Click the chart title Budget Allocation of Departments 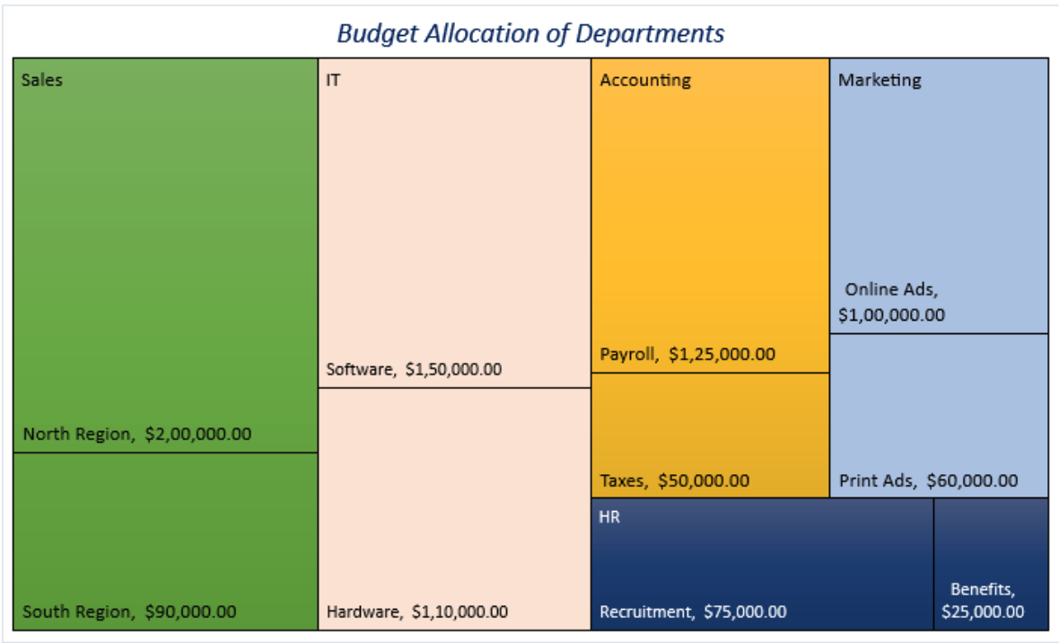pyautogui.click(x=530, y=34)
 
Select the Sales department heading pyautogui.click(x=42, y=80)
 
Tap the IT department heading pyautogui.click(x=333, y=80)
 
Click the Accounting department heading pyautogui.click(x=645, y=80)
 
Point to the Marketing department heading pyautogui.click(x=880, y=80)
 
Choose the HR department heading pyautogui.click(x=610, y=518)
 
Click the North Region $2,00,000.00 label pyautogui.click(x=137, y=435)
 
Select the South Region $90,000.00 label pyautogui.click(x=129, y=612)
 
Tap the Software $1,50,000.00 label pyautogui.click(x=414, y=369)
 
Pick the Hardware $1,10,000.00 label pyautogui.click(x=416, y=612)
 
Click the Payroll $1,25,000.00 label pyautogui.click(x=687, y=354)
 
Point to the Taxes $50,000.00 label pyautogui.click(x=674, y=480)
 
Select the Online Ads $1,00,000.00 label pyautogui.click(x=891, y=303)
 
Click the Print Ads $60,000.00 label pyautogui.click(x=928, y=480)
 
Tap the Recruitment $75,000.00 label pyautogui.click(x=693, y=612)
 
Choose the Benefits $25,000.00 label pyautogui.click(x=983, y=601)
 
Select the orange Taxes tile pyautogui.click(x=709, y=422)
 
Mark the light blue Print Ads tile pyautogui.click(x=939, y=404)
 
